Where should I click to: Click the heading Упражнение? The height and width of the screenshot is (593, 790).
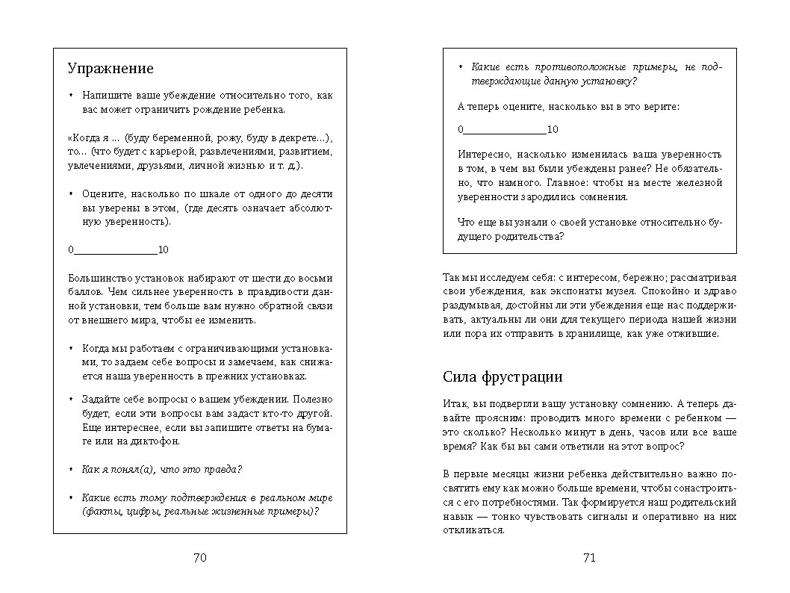tap(111, 69)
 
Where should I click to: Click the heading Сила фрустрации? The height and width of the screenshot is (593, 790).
tap(503, 376)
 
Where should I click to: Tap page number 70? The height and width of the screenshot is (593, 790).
tap(200, 557)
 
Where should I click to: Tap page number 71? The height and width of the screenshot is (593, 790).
tap(589, 557)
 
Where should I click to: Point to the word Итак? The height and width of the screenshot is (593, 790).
tap(455, 404)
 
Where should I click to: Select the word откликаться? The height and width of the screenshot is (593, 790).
tap(474, 531)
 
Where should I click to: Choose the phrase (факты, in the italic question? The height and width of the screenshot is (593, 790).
tap(99, 512)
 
